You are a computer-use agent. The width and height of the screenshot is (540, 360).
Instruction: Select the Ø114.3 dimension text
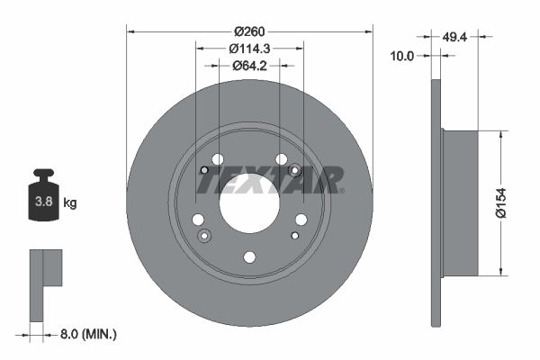[x=249, y=48]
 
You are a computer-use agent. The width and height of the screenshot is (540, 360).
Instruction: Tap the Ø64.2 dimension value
[x=249, y=65]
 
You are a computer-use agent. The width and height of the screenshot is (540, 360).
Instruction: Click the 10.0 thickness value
[x=402, y=56]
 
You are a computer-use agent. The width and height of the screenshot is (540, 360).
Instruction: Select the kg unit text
[x=69, y=203]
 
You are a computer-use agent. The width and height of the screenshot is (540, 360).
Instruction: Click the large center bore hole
[x=249, y=203]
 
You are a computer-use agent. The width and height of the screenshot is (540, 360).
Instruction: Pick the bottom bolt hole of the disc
[x=249, y=257]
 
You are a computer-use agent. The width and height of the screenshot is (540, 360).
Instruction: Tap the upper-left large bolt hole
[x=217, y=159]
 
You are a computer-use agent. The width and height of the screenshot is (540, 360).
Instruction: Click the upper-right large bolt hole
[x=281, y=159]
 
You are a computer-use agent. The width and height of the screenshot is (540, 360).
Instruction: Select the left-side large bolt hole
[x=198, y=220]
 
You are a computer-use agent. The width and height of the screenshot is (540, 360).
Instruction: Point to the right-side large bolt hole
[x=301, y=220]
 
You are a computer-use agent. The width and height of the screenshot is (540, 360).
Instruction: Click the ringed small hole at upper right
[x=293, y=171]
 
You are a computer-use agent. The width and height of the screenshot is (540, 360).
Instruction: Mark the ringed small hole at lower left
[x=204, y=236]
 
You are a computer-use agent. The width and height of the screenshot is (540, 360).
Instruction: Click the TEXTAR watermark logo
[x=270, y=181]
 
